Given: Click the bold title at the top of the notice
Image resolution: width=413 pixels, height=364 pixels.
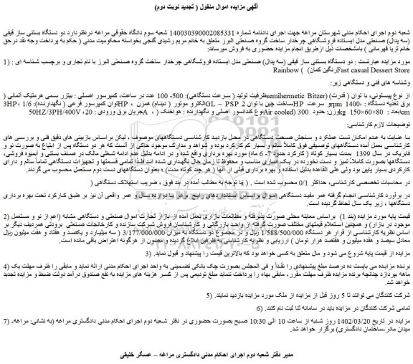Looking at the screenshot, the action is click(x=206, y=8).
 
